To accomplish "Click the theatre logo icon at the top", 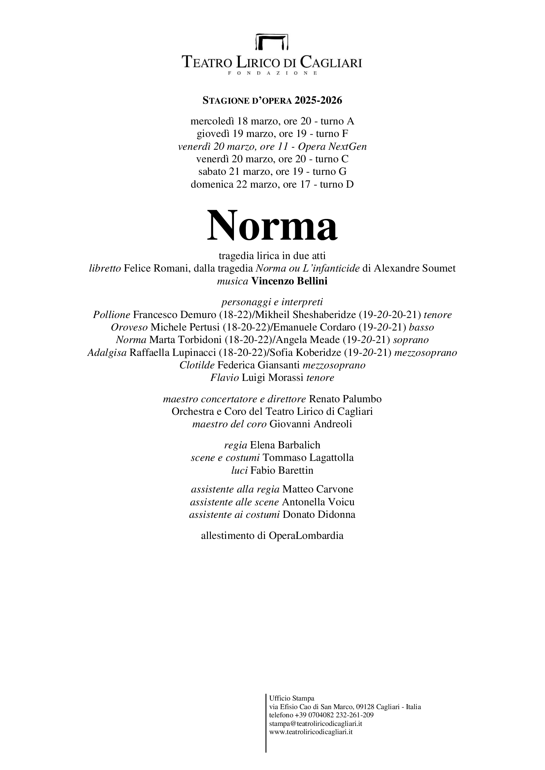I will click(272, 41).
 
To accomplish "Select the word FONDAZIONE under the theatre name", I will click(272, 73).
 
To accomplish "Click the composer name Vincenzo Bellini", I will click(289, 281).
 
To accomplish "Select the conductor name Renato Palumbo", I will click(345, 399).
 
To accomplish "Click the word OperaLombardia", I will click(306, 536).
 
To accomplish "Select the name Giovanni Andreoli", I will click(311, 424).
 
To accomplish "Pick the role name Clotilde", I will click(197, 365).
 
